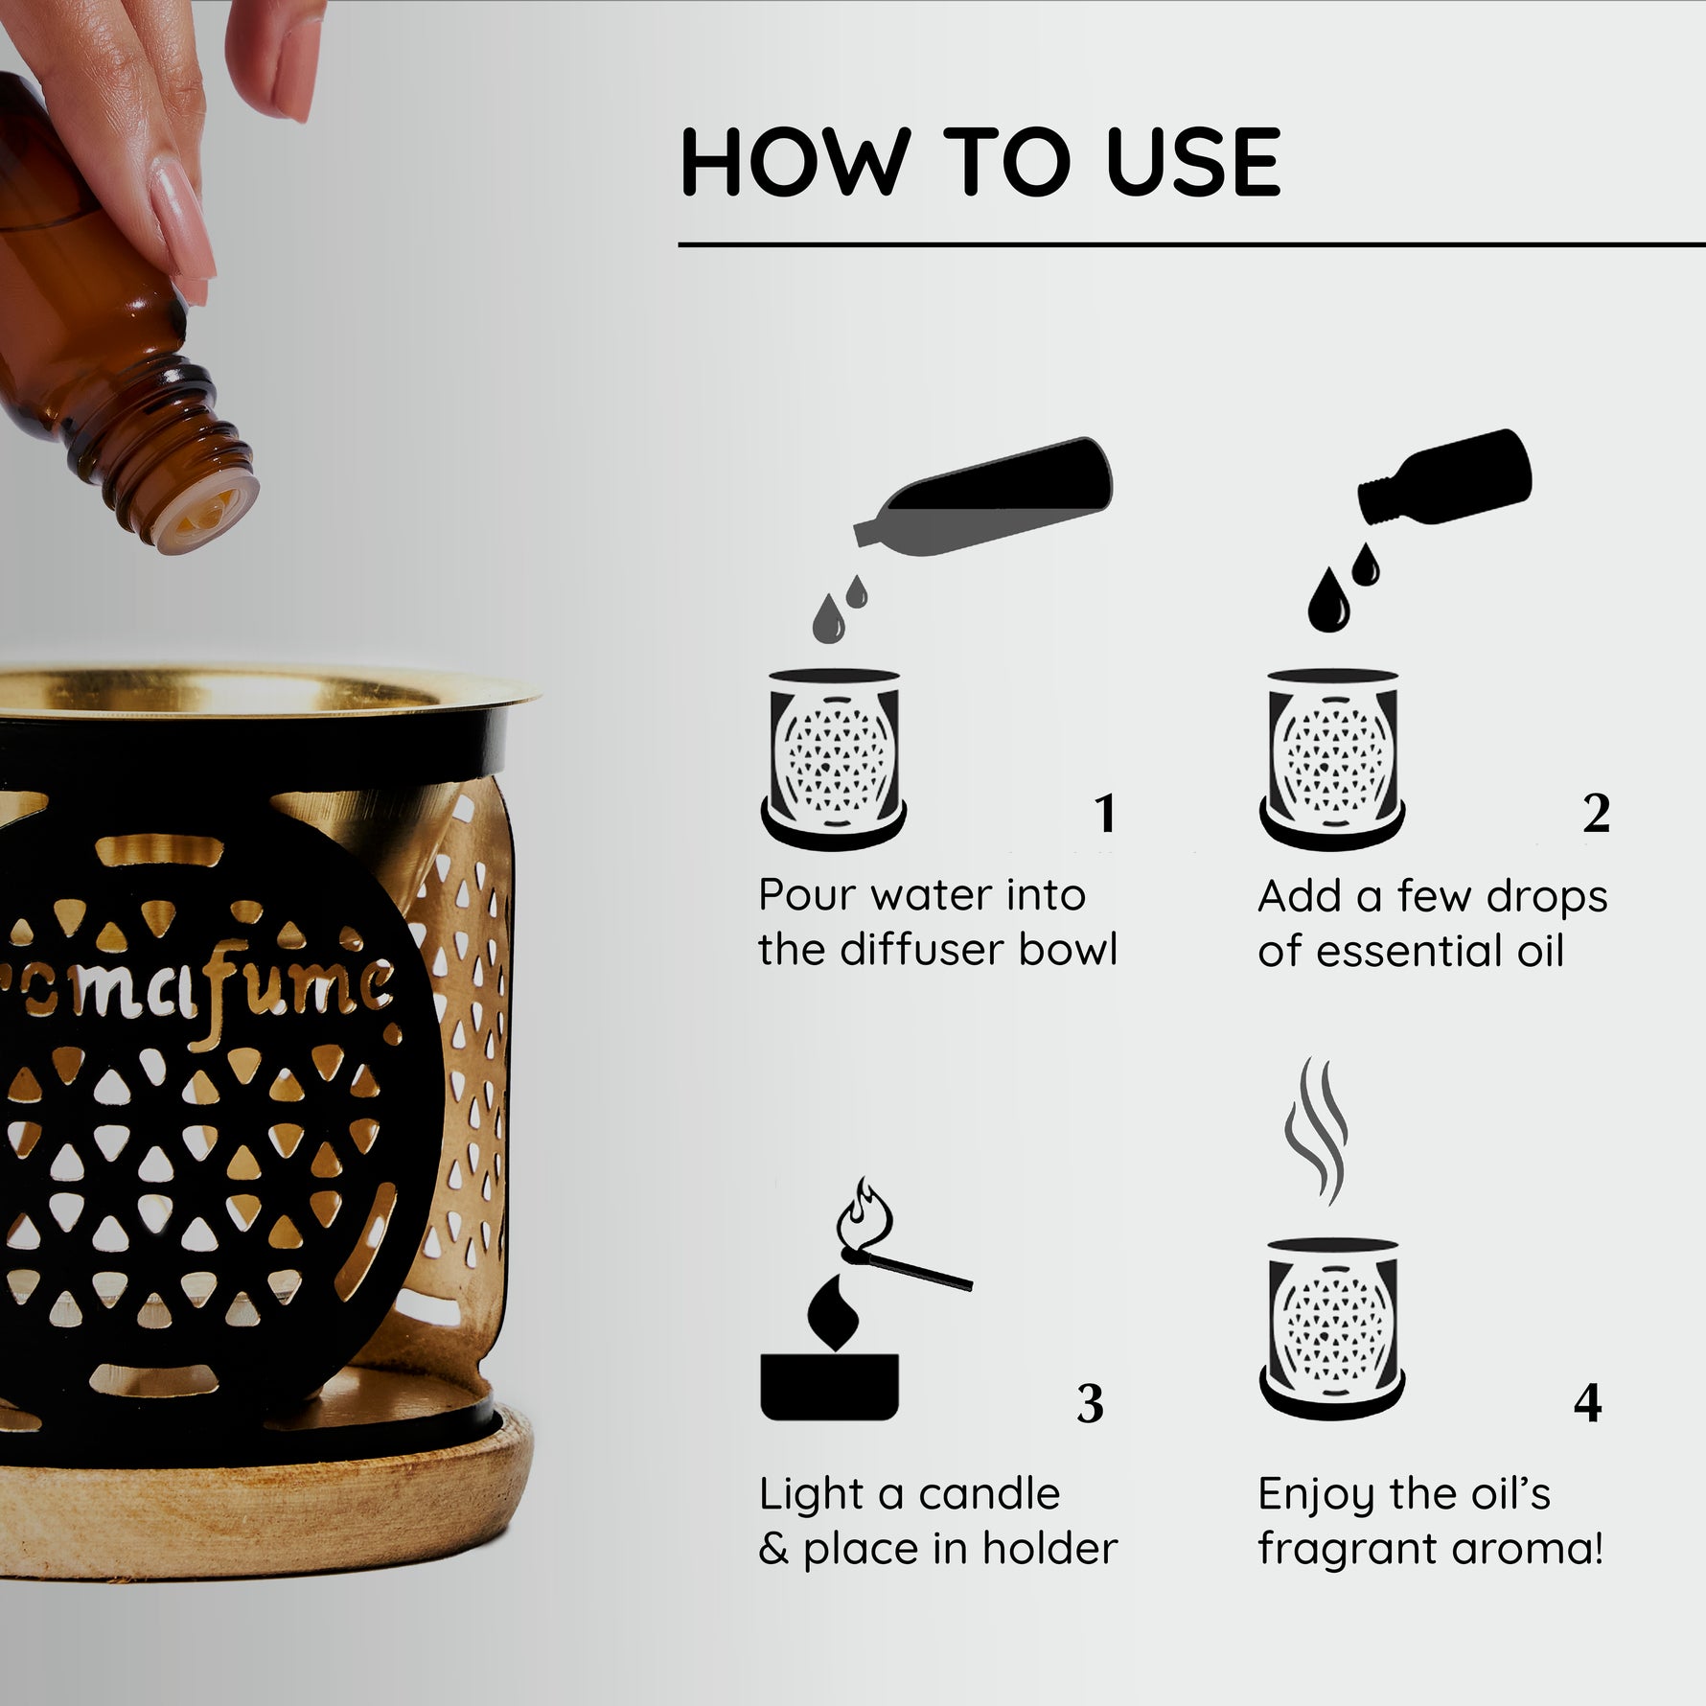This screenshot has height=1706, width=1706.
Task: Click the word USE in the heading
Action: (1192, 162)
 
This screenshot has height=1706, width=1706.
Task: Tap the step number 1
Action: (1106, 814)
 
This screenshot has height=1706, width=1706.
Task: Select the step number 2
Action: (1596, 814)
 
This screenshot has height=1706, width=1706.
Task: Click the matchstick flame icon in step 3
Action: (864, 1212)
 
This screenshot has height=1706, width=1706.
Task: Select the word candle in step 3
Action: (989, 1493)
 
